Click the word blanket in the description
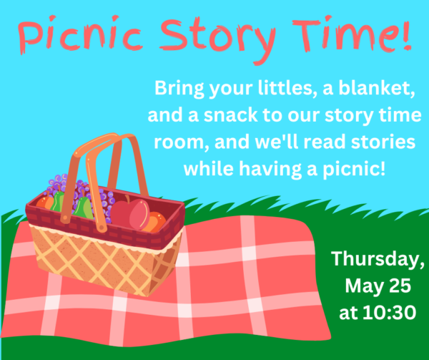[375, 91]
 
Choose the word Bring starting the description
[178, 91]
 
